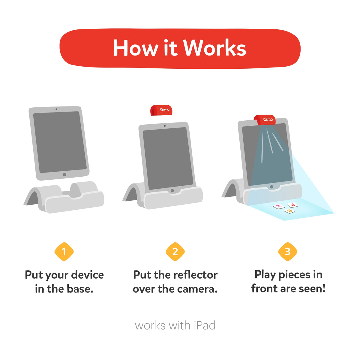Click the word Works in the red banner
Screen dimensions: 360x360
214,47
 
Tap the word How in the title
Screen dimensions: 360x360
136,47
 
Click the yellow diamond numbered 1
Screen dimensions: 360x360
64,252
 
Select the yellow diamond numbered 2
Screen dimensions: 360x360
175,252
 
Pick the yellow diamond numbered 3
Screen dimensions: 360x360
288,252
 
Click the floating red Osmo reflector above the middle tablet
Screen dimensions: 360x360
161,110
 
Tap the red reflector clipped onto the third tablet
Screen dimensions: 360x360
265,120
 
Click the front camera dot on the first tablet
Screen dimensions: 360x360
56,109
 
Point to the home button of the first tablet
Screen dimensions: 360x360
64,175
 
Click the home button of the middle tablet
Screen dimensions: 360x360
172,191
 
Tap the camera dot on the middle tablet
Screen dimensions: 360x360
165,126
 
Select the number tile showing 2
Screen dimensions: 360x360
279,206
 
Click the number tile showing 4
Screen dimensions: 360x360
293,205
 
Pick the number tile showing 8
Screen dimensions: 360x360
289,211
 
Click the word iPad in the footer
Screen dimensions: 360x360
205,325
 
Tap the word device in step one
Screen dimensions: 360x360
87,275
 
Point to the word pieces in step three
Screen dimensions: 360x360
294,275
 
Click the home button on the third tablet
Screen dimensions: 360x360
271,187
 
